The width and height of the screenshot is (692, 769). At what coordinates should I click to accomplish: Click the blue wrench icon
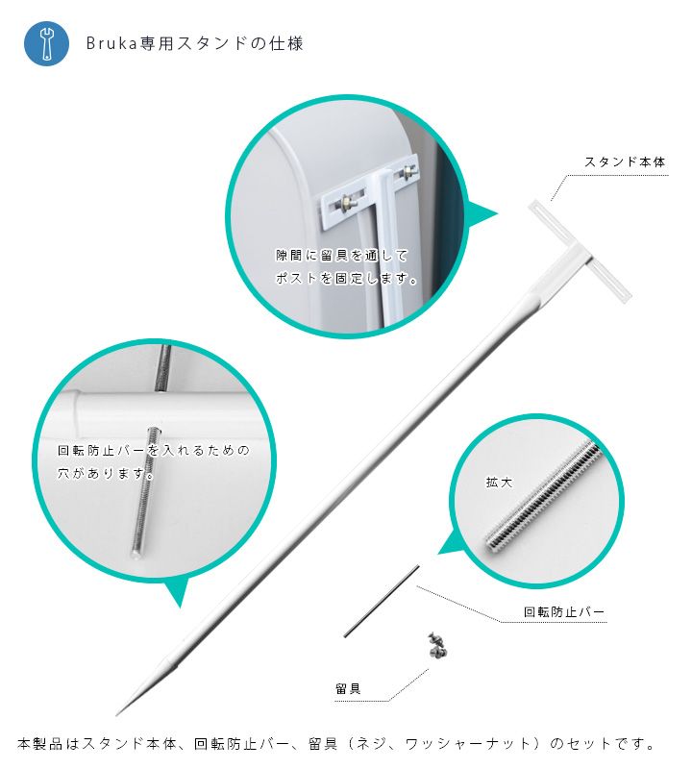[x=46, y=43]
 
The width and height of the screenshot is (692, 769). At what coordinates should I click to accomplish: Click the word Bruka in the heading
[x=111, y=43]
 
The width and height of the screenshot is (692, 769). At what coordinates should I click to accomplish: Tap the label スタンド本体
[x=625, y=161]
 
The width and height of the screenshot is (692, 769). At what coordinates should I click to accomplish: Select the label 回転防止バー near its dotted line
[x=563, y=611]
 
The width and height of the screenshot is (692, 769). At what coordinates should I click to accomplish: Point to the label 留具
[x=348, y=688]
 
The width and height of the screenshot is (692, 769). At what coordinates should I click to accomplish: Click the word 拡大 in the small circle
[x=499, y=483]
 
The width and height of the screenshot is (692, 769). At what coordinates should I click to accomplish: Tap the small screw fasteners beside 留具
[x=438, y=645]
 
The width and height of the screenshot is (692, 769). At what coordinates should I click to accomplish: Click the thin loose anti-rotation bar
[x=382, y=602]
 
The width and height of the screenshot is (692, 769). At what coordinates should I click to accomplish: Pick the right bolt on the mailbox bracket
[x=408, y=171]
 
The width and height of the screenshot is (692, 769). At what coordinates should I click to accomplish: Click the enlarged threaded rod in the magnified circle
[x=542, y=495]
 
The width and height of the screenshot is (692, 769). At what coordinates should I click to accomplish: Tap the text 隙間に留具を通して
[x=341, y=255]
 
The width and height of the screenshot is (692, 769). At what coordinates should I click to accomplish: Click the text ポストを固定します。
[x=347, y=278]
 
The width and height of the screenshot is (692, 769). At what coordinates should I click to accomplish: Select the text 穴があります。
[x=106, y=473]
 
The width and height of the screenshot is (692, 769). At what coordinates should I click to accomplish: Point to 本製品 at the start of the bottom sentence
[x=40, y=743]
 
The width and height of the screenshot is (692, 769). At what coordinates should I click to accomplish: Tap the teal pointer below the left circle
[x=178, y=591]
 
